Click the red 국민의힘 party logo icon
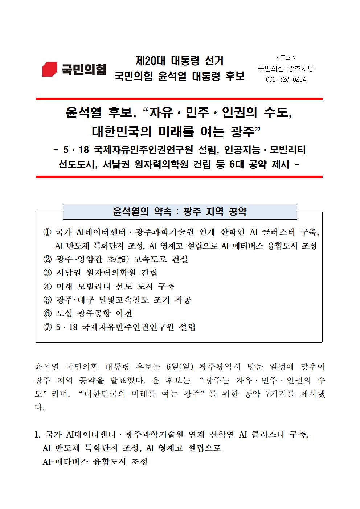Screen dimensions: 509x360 tap(50, 69)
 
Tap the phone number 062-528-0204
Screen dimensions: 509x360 tap(286, 79)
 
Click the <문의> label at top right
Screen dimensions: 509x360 tap(286, 58)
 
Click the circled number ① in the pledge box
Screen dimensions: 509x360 tap(47, 232)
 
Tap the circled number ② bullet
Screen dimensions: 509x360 tap(47, 259)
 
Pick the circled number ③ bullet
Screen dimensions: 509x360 tap(47, 273)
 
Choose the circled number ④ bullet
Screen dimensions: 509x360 tap(47, 287)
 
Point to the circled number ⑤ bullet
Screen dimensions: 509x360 tap(47, 300)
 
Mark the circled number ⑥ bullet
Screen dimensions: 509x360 tap(47, 313)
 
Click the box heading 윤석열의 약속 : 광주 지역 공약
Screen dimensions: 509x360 tap(180, 212)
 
